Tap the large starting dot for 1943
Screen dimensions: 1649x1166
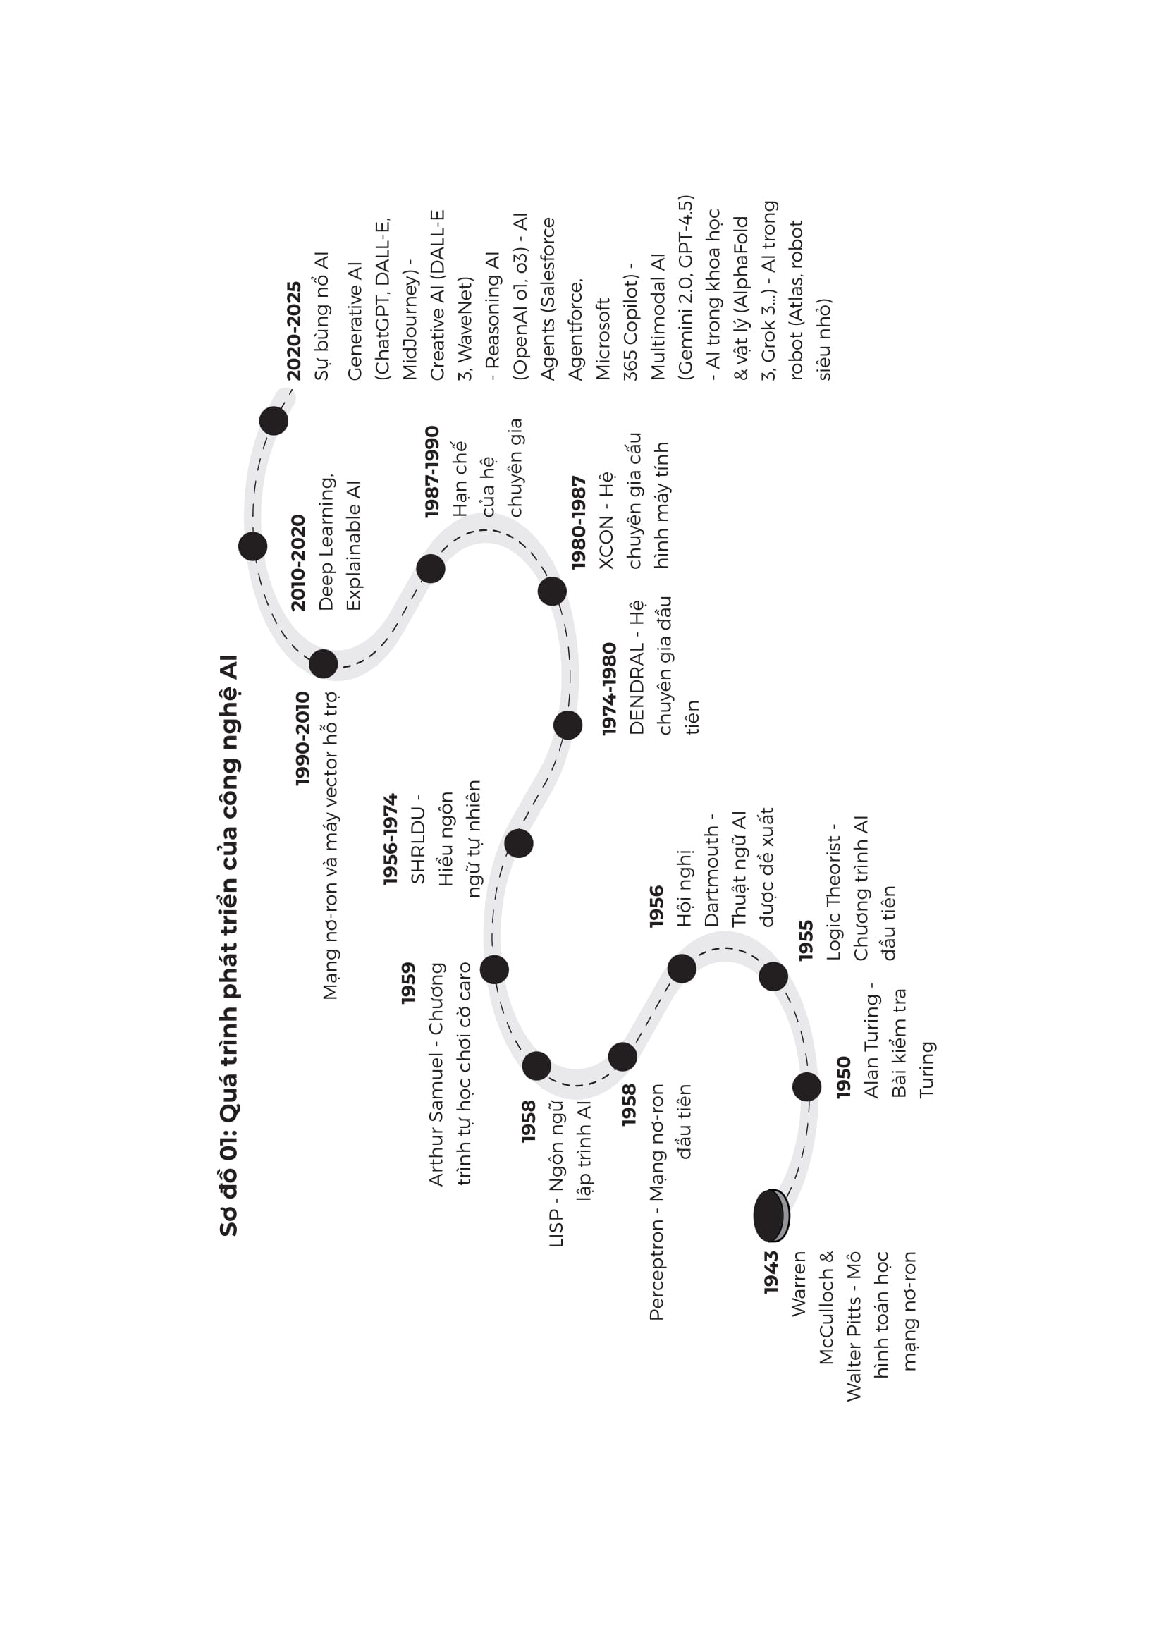pyautogui.click(x=770, y=1216)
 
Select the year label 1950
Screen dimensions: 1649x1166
pyautogui.click(x=844, y=1077)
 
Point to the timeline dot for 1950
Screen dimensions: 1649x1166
pyautogui.click(x=806, y=1086)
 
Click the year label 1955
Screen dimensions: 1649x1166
pyautogui.click(x=806, y=940)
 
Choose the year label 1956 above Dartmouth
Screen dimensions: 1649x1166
pyautogui.click(x=656, y=907)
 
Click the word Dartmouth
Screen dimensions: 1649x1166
pyautogui.click(x=711, y=876)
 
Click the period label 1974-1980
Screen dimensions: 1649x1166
pyautogui.click(x=609, y=689)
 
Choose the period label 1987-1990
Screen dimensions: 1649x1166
pyautogui.click(x=431, y=472)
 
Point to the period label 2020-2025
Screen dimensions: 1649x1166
pyautogui.click(x=295, y=331)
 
